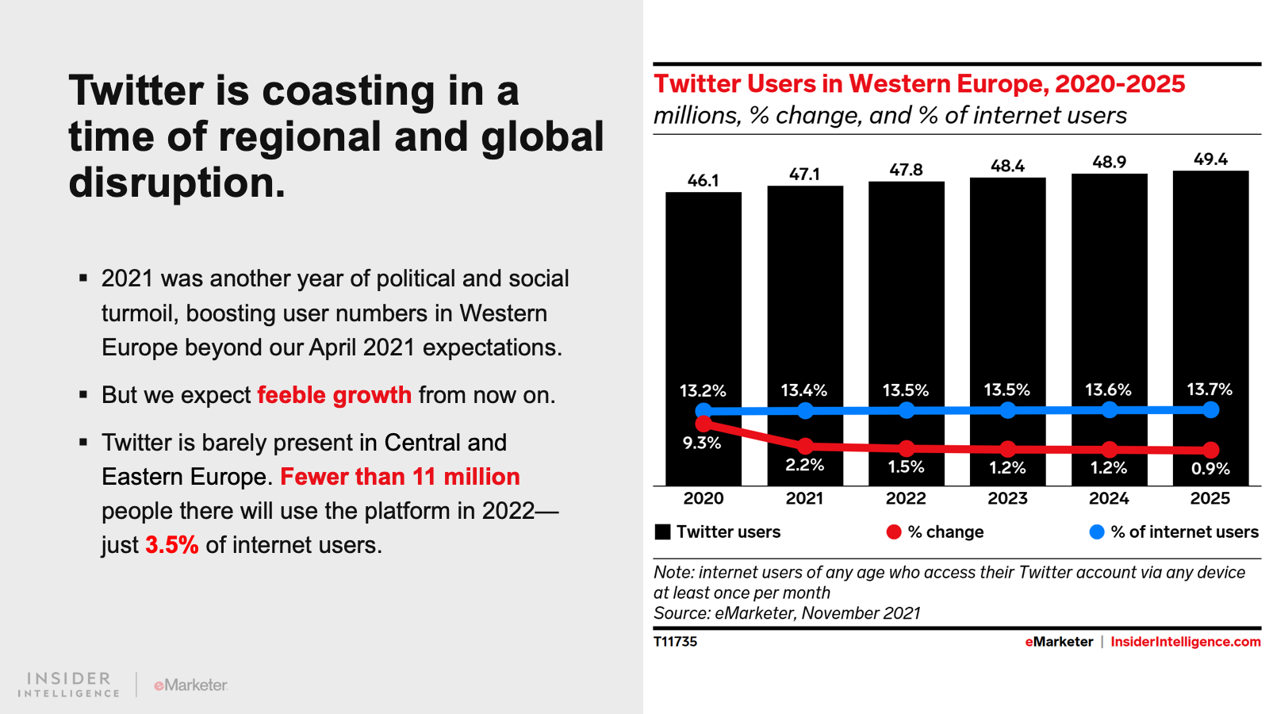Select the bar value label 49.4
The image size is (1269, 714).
(x=1210, y=159)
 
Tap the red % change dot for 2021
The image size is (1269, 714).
(x=805, y=446)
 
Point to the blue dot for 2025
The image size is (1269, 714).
(x=1210, y=409)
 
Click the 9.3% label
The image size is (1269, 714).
(x=702, y=443)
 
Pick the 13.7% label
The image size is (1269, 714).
(x=1210, y=390)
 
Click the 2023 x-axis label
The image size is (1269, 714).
(x=1007, y=498)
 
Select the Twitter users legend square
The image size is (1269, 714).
(x=663, y=532)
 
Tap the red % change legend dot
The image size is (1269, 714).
(x=894, y=532)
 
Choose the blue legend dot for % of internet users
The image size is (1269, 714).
(x=1097, y=532)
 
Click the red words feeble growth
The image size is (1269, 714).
(x=334, y=395)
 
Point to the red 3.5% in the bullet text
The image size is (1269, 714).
(x=171, y=545)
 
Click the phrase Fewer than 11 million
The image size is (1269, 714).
(x=400, y=477)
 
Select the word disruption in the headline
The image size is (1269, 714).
(x=176, y=182)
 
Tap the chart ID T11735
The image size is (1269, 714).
(x=675, y=642)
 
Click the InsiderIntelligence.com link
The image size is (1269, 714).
(x=1185, y=642)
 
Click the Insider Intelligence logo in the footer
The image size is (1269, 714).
(x=69, y=684)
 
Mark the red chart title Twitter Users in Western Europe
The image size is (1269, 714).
(x=918, y=84)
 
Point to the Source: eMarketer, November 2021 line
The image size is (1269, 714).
(x=787, y=613)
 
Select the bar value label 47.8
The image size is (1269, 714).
(x=906, y=170)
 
